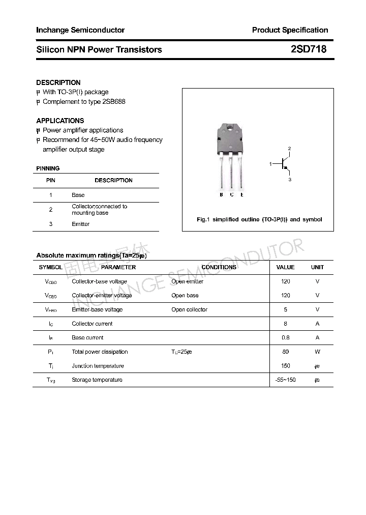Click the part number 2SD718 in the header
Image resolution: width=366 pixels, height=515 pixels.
308,50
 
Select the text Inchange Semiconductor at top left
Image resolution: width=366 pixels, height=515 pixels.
80,30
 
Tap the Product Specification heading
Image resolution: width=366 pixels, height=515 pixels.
290,30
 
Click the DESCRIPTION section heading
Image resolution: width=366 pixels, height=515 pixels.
58,82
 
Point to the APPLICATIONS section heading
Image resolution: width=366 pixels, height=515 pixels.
60,121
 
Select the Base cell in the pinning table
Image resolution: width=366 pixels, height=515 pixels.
78,195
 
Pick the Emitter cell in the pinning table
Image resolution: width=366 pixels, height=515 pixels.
81,224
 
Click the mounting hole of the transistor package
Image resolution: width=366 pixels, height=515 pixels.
231,128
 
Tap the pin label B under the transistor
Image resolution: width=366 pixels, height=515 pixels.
221,195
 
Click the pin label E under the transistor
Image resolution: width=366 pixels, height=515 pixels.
242,195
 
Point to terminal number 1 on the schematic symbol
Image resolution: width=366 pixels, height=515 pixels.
271,164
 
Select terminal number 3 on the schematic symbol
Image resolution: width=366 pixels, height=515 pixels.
290,180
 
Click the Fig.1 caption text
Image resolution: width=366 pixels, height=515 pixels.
259,219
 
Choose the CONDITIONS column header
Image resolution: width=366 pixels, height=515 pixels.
219,267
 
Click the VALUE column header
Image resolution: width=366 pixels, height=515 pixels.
285,267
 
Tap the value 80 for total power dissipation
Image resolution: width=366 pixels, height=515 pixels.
285,352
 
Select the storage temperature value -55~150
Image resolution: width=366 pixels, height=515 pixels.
285,380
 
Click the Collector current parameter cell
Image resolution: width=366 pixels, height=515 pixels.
92,324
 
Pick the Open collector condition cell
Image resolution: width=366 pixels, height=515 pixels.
189,309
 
